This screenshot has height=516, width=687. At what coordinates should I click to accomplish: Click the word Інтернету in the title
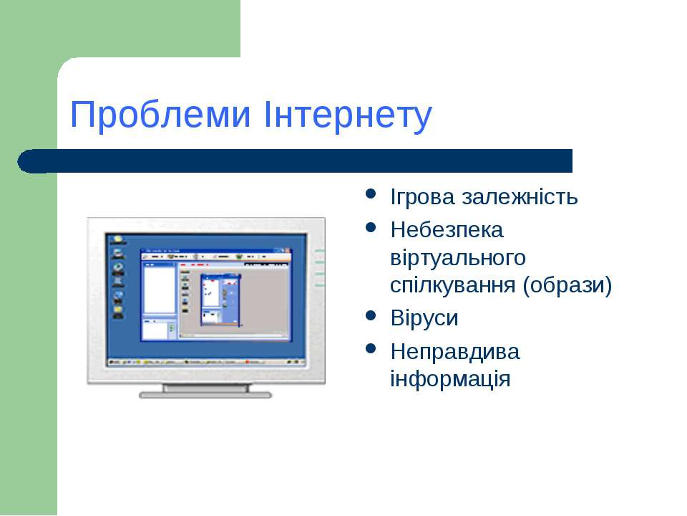point(348,115)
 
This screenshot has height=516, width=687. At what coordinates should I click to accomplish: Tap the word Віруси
point(424,317)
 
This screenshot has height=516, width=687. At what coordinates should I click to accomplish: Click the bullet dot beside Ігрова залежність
point(370,194)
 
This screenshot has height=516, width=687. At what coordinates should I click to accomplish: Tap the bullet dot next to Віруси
point(370,315)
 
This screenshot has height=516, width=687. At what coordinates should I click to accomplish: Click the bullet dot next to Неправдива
point(370,349)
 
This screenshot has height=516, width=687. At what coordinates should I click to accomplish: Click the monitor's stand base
point(205,393)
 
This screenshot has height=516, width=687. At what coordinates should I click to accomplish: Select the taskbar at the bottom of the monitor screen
point(206,361)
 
